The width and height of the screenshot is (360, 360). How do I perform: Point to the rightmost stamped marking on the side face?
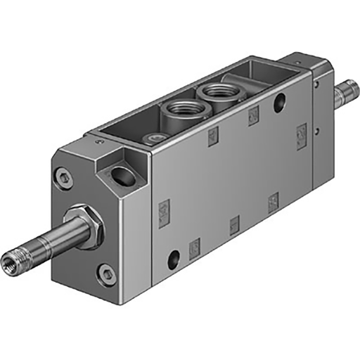302,131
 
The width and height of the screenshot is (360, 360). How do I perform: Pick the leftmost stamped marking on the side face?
165,209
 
